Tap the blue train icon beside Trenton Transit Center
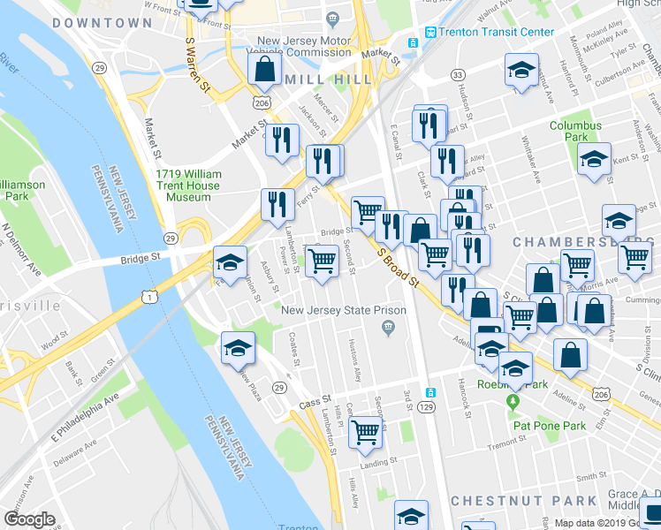click(430, 33)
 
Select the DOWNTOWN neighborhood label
click(102, 23)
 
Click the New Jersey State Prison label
click(344, 310)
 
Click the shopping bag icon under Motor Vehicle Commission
click(264, 68)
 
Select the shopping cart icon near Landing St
click(364, 432)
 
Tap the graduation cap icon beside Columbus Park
click(594, 159)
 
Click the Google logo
click(29, 519)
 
